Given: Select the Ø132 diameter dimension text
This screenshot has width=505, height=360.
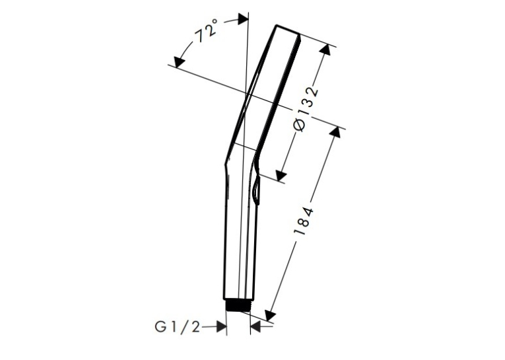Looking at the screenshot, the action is pyautogui.click(x=306, y=109).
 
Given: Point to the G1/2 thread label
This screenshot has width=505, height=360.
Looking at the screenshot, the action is pyautogui.click(x=178, y=328).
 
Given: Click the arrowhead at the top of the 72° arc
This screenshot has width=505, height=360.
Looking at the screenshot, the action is pyautogui.click(x=243, y=18).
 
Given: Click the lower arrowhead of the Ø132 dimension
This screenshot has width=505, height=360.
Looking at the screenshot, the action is pyautogui.click(x=281, y=176).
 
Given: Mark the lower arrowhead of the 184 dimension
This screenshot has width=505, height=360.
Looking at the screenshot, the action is pyautogui.click(x=270, y=315).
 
